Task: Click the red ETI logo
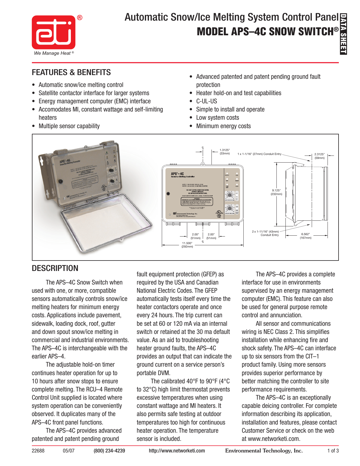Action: pyautogui.click(x=54, y=32)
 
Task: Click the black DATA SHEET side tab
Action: pyautogui.click(x=343, y=34)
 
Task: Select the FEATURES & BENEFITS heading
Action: pyautogui.click(x=71, y=73)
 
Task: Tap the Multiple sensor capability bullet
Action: pyautogui.click(x=69, y=126)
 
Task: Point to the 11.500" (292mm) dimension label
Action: pyautogui.click(x=187, y=245)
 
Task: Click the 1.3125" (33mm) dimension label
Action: pyautogui.click(x=225, y=152)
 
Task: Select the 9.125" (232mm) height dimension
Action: pyautogui.click(x=276, y=192)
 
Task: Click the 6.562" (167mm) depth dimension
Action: pyautogui.click(x=305, y=236)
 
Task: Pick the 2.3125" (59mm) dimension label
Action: pyautogui.click(x=319, y=156)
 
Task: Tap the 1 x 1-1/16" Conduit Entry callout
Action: pyautogui.click(x=259, y=154)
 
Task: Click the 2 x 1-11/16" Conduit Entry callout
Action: pyautogui.click(x=265, y=233)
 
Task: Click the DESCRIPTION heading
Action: pyautogui.click(x=55, y=268)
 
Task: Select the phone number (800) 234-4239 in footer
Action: pyautogui.click(x=109, y=451)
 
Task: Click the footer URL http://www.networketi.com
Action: pyautogui.click(x=177, y=451)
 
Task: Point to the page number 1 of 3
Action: pyautogui.click(x=333, y=451)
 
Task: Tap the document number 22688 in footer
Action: pyautogui.click(x=38, y=451)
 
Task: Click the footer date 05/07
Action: pyautogui.click(x=69, y=451)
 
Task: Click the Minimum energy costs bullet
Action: pyautogui.click(x=223, y=126)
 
